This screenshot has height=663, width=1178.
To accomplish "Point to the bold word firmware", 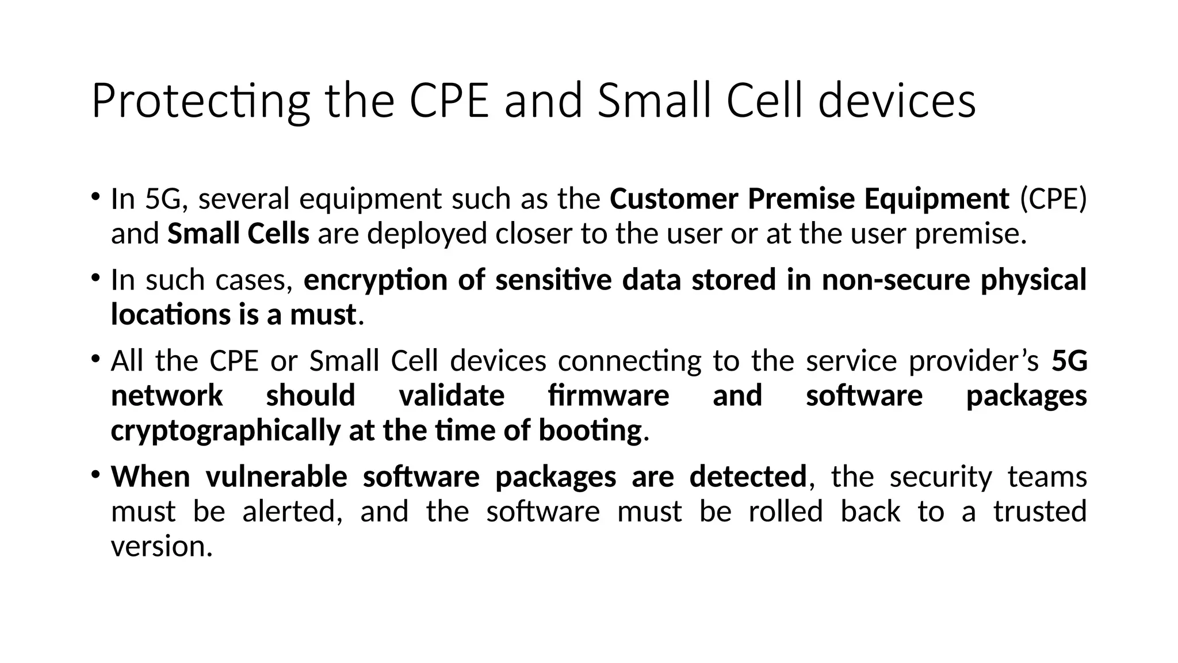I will pos(609,396).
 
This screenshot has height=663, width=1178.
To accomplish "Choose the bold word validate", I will pos(452,396).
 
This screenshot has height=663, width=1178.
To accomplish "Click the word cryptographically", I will pos(225,431).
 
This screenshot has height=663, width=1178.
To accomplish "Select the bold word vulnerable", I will pos(276,477).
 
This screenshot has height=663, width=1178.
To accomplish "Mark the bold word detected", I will pos(748,477).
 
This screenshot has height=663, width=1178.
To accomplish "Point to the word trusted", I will pos(1040,512).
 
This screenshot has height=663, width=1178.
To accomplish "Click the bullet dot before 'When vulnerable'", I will pos(95,475).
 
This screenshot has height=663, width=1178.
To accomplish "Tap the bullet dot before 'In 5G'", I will pos(95,197).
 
